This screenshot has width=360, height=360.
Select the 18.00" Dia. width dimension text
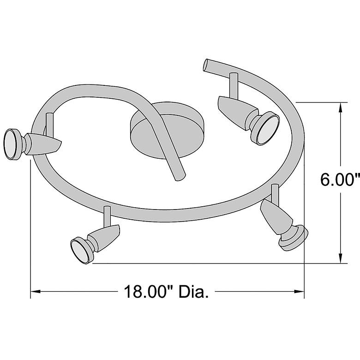(166, 292)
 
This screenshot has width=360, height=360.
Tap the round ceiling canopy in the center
(167, 131)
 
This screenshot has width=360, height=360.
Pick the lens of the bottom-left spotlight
(80, 252)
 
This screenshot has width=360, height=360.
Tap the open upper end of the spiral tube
(206, 65)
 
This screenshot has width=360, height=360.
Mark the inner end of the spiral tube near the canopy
(180, 177)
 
